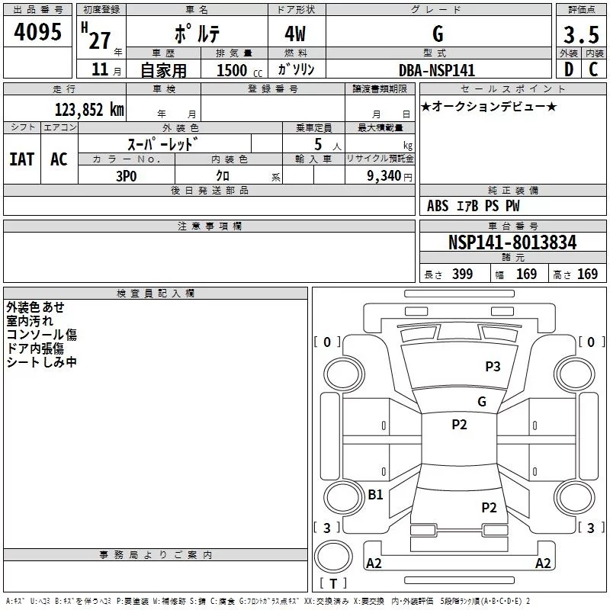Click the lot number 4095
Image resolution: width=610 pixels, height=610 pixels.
37,31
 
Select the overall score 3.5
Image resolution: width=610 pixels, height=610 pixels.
581,34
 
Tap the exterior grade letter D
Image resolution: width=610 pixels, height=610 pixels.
569,69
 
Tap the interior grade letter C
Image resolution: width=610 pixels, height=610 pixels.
593,69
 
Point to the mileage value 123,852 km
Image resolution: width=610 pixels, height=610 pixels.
89,110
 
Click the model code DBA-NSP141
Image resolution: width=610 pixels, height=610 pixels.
437,70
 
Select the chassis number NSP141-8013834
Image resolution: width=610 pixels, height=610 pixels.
512,242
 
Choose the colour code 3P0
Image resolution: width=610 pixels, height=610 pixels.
127,176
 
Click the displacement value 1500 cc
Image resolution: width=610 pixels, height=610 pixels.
239,70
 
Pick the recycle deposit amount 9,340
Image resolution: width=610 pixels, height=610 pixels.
384,176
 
